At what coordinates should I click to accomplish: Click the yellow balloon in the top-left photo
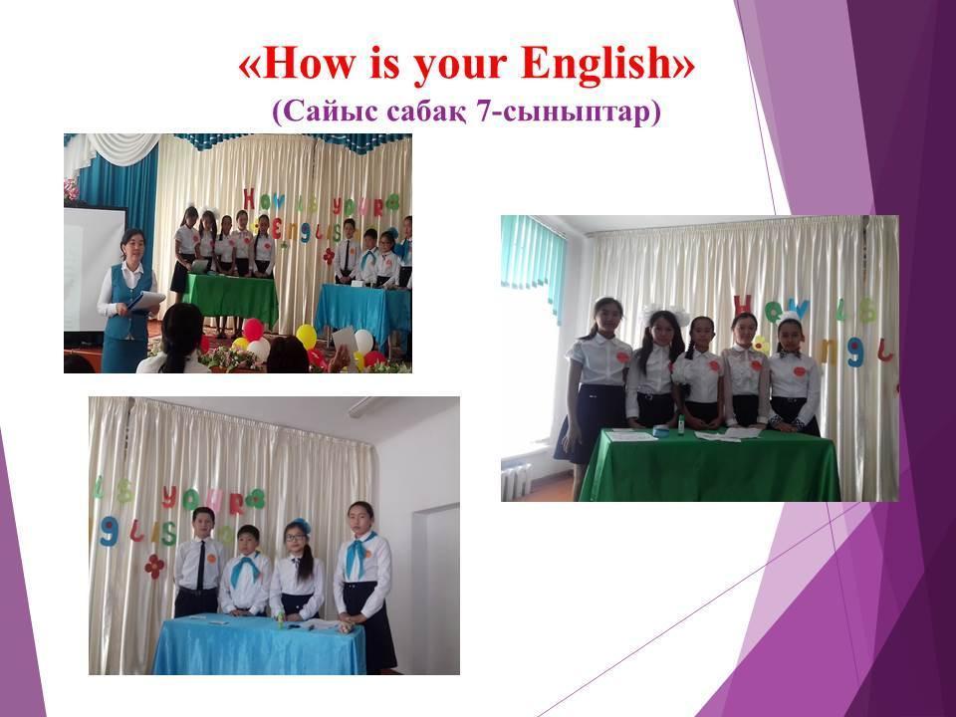click(x=306, y=336)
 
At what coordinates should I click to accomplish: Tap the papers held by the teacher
click(x=146, y=300)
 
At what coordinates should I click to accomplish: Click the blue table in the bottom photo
click(x=259, y=645)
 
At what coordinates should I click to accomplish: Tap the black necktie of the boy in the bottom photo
click(x=201, y=564)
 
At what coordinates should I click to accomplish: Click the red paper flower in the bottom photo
click(x=154, y=567)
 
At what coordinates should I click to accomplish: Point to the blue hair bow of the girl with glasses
click(x=301, y=525)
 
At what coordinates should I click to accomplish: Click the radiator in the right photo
click(x=516, y=481)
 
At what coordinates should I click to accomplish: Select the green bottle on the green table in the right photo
click(x=680, y=426)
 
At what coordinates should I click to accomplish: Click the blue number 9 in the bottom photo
click(x=109, y=533)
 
